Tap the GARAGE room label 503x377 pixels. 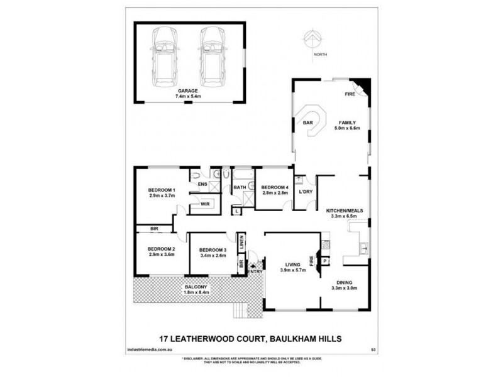click(x=188, y=91)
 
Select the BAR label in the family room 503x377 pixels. click(x=308, y=123)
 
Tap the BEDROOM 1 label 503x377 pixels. click(x=162, y=190)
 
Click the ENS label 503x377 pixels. click(x=202, y=184)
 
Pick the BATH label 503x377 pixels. click(x=239, y=187)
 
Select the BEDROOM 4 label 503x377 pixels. click(x=274, y=187)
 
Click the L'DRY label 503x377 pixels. click(x=306, y=192)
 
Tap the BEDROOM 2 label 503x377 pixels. click(x=162, y=249)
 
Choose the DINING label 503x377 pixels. click(x=344, y=282)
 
